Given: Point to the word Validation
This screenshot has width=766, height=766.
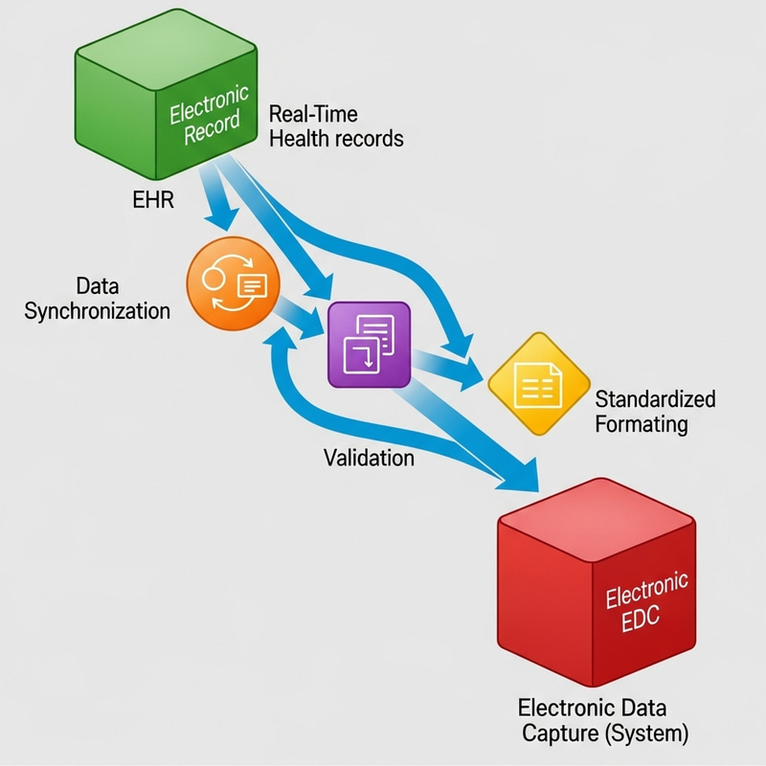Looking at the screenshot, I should click(369, 458).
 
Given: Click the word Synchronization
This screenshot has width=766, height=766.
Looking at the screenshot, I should click(97, 311).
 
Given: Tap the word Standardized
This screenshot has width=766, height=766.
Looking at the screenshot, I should click(655, 398).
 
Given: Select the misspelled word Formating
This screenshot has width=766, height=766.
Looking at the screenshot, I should click(642, 423).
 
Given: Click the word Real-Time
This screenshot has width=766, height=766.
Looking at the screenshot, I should click(313, 115).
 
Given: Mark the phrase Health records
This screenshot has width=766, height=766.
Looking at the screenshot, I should click(336, 139).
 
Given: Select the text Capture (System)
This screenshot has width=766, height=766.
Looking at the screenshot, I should click(604, 735).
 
